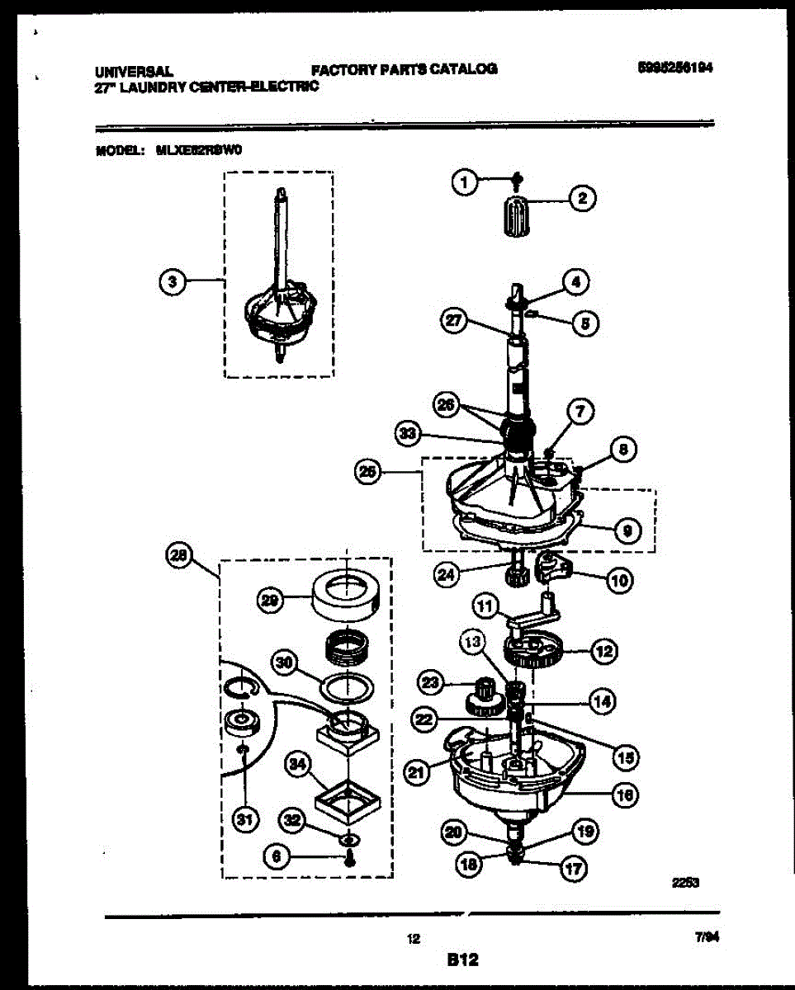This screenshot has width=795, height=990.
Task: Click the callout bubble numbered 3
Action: click(x=171, y=282)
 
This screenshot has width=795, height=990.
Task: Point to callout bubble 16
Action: click(x=625, y=794)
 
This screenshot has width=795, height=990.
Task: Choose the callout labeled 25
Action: click(x=368, y=472)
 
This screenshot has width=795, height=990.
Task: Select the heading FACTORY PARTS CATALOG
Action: click(x=405, y=69)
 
